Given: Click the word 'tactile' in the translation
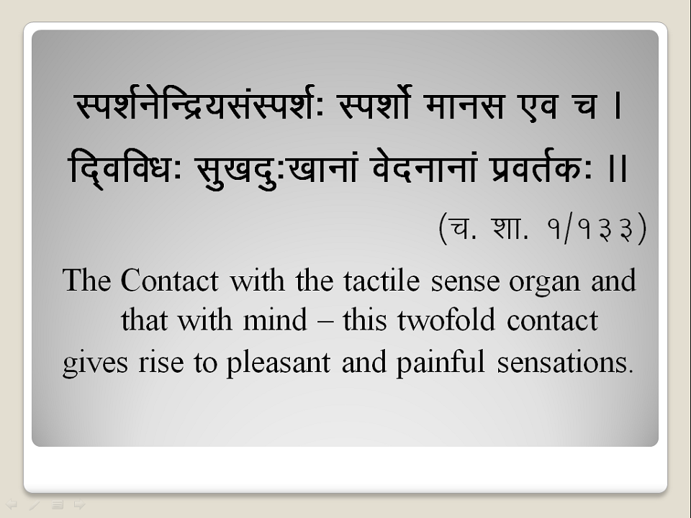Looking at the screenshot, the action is click(x=381, y=281).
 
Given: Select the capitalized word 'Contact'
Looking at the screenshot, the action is click(x=169, y=281).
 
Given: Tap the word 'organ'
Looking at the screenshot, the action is click(x=544, y=283).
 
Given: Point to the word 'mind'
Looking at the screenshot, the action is click(x=275, y=320).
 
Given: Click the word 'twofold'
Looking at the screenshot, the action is click(x=446, y=320).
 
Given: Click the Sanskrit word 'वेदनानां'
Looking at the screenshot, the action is click(x=423, y=168).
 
